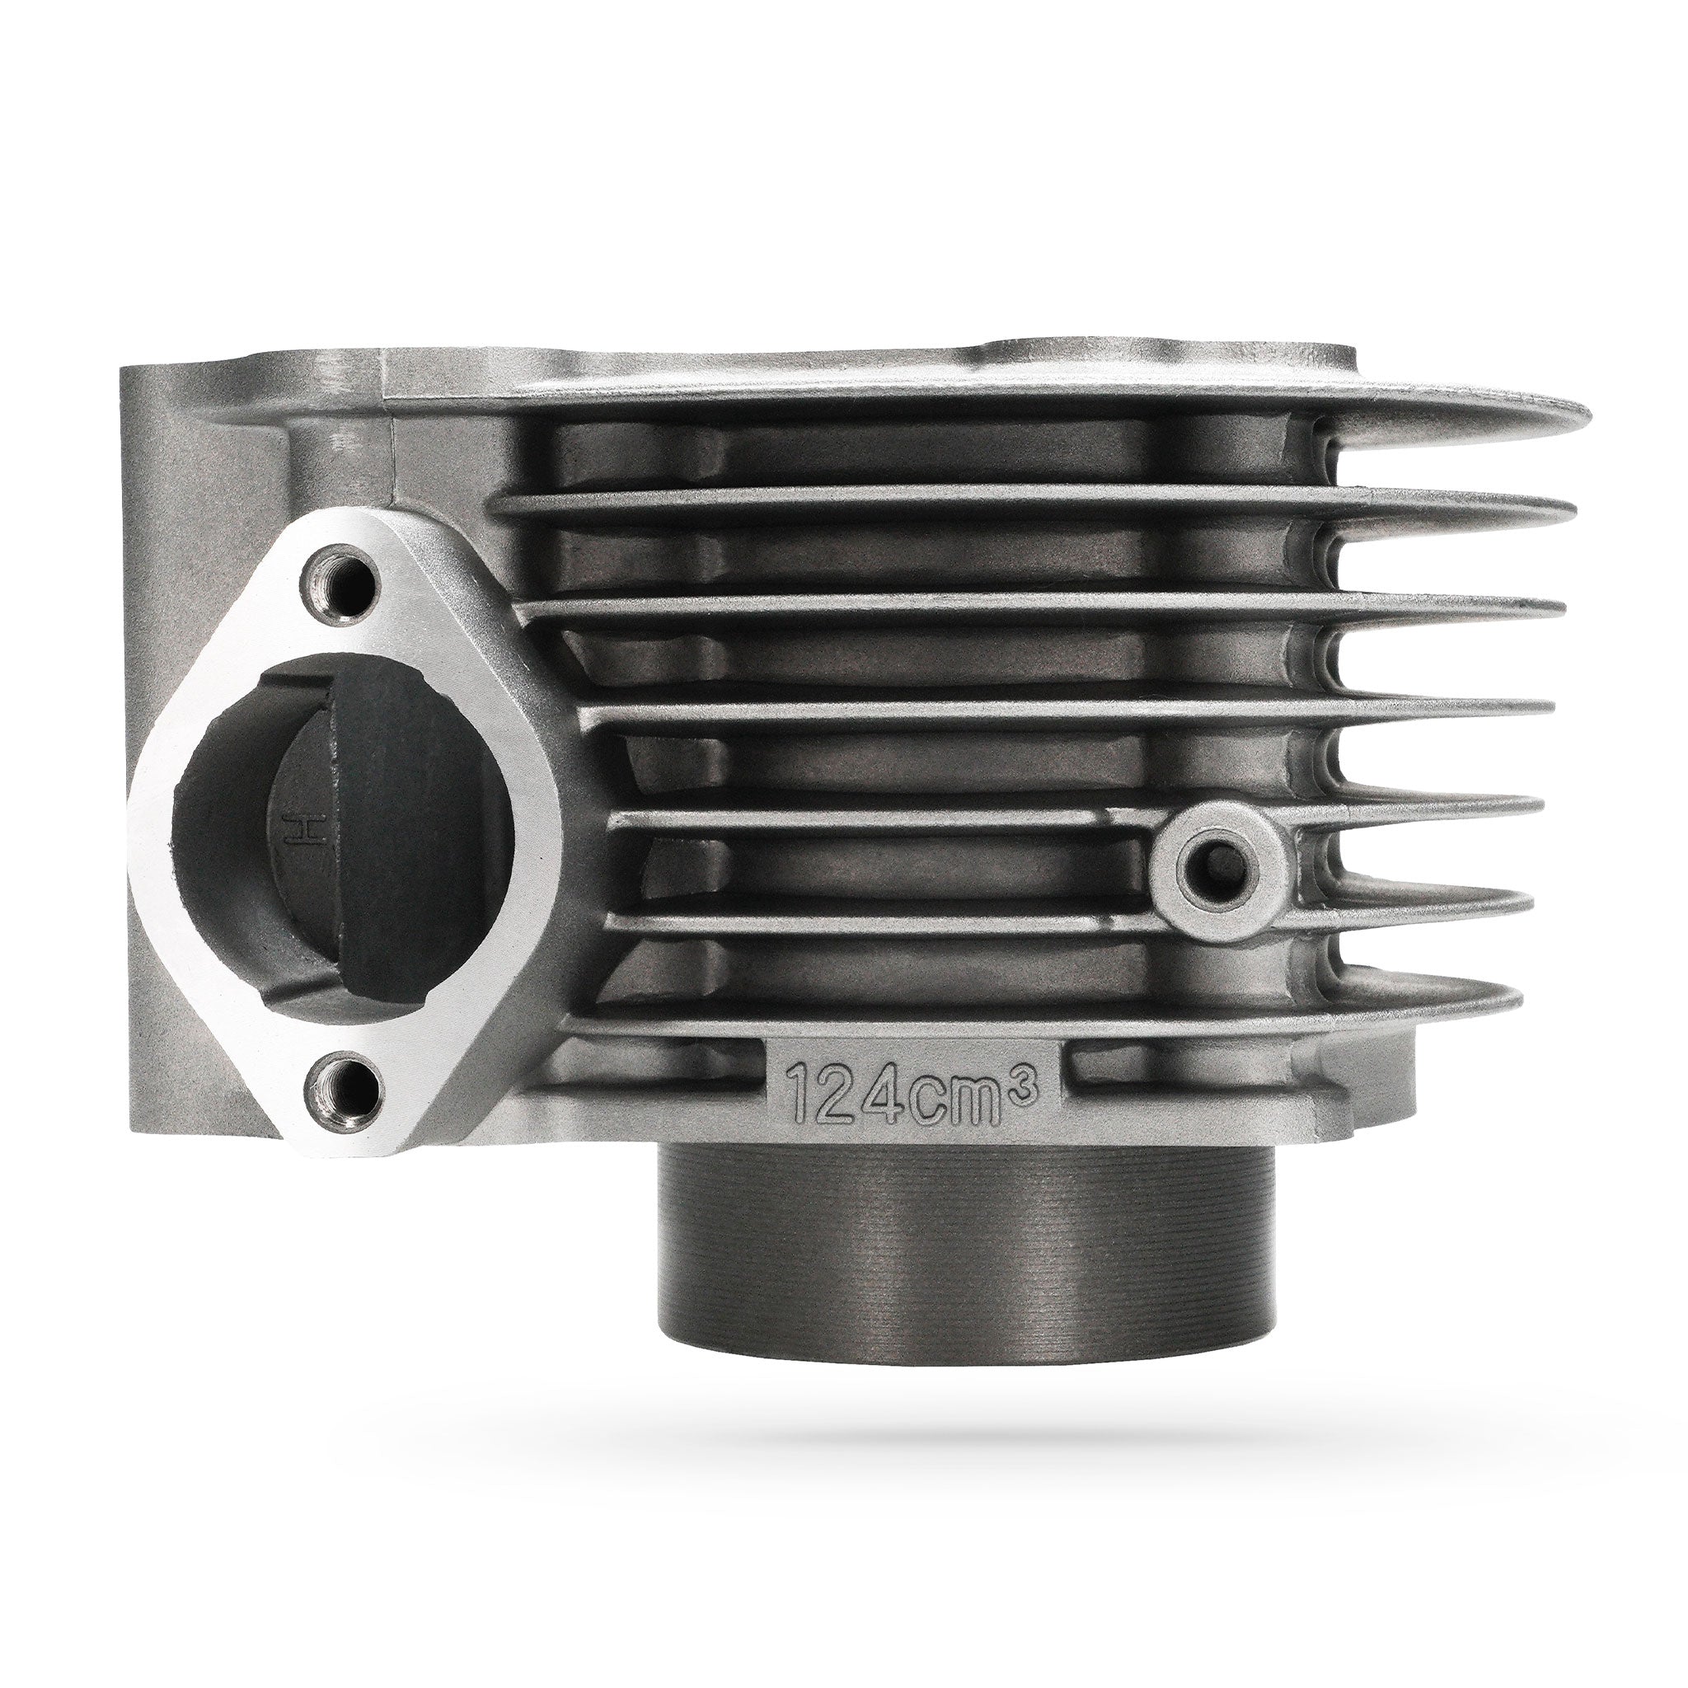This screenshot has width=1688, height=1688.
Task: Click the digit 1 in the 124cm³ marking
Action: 802,1090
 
